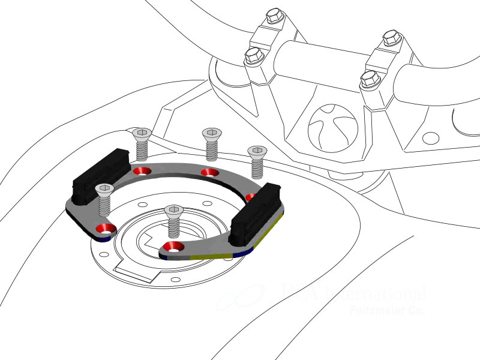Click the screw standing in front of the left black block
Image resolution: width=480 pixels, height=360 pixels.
pyautogui.click(x=105, y=199)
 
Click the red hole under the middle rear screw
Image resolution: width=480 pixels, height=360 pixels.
pyautogui.click(x=209, y=173)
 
